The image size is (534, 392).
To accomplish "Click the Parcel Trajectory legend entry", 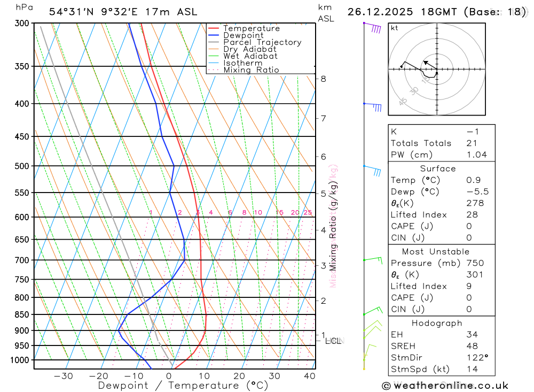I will [x=262, y=42].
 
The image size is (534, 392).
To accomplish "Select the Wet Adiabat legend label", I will [x=250, y=56].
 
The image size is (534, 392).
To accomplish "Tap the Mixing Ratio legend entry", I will [x=251, y=70].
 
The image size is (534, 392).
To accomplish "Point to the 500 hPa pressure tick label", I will [x=22, y=166].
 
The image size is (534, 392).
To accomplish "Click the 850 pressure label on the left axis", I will [x=22, y=314].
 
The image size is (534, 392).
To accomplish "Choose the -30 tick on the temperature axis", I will [x=64, y=376].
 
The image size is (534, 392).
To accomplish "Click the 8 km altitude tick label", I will [x=323, y=79].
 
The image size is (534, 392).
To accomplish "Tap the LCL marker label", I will [x=333, y=341].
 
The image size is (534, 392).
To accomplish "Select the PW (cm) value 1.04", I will [x=476, y=155].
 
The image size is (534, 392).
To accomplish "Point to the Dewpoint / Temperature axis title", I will [x=183, y=386].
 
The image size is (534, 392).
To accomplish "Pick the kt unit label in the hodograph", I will [x=394, y=28].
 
